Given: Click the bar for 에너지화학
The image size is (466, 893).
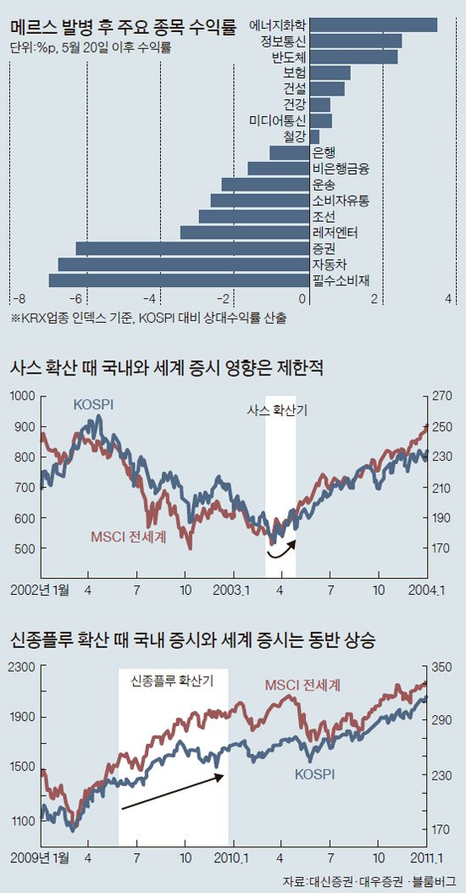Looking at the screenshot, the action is tap(373, 25).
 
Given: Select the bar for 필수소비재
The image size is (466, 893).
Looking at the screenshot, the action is tap(179, 280).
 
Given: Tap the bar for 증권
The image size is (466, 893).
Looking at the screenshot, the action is tap(192, 248).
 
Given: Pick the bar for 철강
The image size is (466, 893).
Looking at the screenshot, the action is tap(313, 136).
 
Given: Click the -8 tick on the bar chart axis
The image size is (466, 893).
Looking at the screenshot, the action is tap(19, 299).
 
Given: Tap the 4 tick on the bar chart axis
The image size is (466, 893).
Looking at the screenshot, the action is tap(447, 299).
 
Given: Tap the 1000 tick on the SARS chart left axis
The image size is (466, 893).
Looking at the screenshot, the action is tap(22, 397).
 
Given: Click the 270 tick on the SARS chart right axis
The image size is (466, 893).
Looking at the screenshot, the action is tap(442, 397).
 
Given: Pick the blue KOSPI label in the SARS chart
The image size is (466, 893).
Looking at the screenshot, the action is tap(93, 405).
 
